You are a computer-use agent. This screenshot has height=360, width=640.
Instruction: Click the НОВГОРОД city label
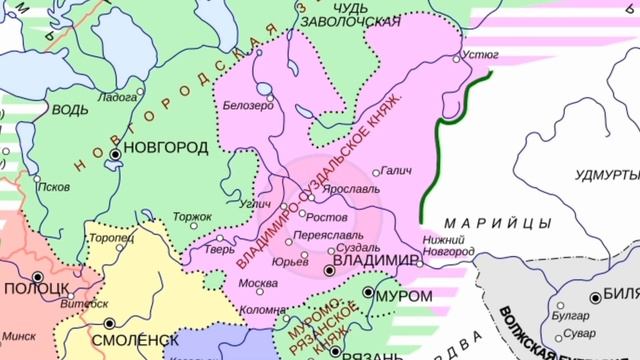[168, 148]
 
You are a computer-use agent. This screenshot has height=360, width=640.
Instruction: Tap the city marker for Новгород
[117, 155]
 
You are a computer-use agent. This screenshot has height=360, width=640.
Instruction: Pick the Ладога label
[117, 97]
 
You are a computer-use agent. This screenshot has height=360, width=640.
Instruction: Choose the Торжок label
[192, 216]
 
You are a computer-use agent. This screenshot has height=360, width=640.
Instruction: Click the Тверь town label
[219, 250]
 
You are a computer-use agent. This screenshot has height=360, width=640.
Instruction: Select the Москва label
[258, 282]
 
